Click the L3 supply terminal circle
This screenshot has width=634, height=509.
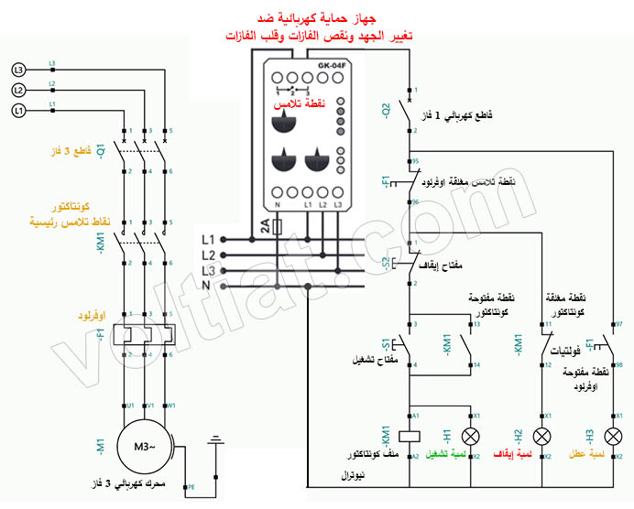[18, 70]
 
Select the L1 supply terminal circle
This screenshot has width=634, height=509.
[18, 110]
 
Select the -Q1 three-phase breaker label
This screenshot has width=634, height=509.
[102, 151]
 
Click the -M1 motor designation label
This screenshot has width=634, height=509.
[102, 447]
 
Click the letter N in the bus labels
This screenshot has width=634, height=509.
[208, 287]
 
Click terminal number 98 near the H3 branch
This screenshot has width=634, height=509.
[619, 364]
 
